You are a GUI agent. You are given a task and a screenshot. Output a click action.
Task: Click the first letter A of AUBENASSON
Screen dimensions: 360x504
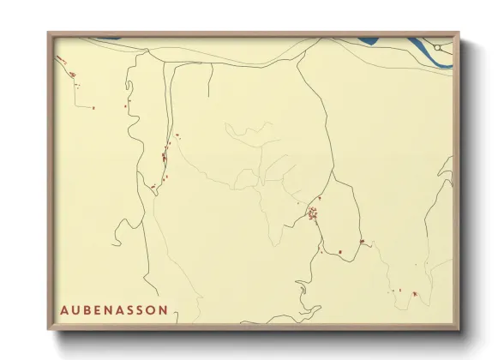(x=65, y=309)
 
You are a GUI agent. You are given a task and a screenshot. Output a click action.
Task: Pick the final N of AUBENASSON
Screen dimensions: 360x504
(x=163, y=309)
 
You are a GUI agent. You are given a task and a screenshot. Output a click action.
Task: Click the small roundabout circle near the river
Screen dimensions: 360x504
(x=438, y=46)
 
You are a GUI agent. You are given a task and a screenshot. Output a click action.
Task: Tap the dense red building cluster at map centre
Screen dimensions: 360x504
(x=313, y=212)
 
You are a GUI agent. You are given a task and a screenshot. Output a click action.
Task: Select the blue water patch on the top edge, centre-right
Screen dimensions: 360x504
(x=369, y=39)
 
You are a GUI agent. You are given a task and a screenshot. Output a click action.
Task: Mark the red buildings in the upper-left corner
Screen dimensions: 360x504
(x=72, y=75)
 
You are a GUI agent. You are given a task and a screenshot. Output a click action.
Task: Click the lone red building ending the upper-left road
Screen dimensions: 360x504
(x=93, y=107)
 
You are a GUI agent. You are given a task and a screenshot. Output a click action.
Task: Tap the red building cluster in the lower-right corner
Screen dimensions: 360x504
(x=415, y=294)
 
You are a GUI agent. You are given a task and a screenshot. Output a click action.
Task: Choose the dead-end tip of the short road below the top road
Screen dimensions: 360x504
(x=207, y=96)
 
